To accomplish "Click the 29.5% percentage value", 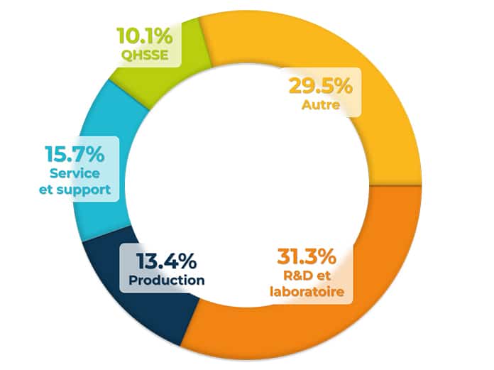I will [x=319, y=88].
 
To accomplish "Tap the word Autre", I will [x=319, y=107].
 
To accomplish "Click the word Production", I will [x=167, y=280].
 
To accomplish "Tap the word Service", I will [x=75, y=173].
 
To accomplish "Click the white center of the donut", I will [x=248, y=178].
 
